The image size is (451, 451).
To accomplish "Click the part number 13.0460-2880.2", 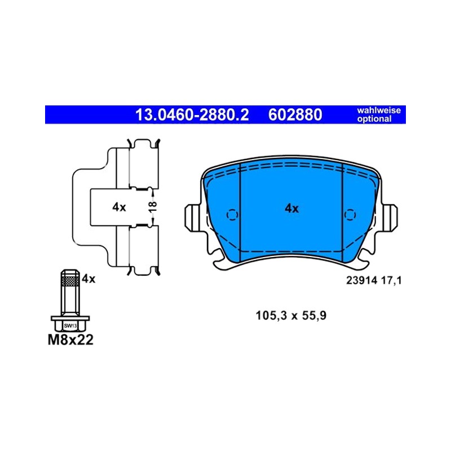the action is [192, 115].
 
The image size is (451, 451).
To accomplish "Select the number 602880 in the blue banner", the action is [295, 115].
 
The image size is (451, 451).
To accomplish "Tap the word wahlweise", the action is [379, 110].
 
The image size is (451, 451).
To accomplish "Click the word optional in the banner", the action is [374, 119].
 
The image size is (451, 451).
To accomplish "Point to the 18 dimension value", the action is [153, 206].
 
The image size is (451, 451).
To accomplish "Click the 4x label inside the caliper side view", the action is [119, 207].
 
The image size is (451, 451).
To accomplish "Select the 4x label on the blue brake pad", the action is [291, 208].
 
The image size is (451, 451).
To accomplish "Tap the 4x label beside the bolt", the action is [89, 278].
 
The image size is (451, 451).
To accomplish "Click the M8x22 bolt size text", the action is [70, 340].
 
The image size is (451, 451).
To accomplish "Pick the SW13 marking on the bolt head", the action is [70, 326].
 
